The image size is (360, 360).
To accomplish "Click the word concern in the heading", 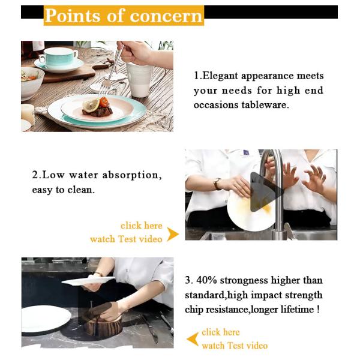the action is point(166,16).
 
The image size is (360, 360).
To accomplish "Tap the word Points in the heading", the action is point(73,16).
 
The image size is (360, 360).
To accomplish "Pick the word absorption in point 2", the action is point(130,175).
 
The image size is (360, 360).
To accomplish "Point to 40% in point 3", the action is point(206,281).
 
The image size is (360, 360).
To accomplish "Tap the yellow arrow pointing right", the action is point(173,234).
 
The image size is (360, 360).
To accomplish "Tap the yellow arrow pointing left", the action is point(193,339).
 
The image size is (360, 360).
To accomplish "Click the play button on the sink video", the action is point(264,193).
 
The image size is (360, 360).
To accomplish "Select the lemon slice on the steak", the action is point(91,105).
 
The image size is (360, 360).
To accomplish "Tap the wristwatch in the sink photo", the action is point(217,184).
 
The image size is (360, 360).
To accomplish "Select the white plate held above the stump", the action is point(88,281).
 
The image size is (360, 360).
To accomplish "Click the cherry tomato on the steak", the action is point(104,102).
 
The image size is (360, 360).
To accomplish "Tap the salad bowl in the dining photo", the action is point(32,83).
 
